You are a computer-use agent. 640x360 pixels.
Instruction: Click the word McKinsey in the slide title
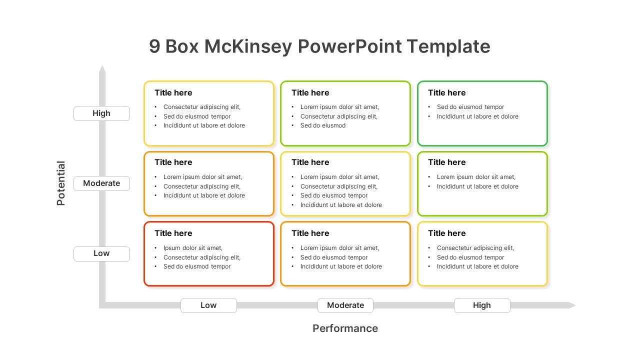(x=248, y=46)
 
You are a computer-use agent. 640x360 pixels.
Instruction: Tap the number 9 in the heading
(x=155, y=46)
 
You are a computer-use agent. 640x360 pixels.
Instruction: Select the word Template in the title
(x=448, y=46)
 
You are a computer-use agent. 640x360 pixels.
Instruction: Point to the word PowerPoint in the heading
(x=349, y=46)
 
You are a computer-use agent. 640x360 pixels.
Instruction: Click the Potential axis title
(x=61, y=183)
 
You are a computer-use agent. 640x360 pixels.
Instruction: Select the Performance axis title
(x=345, y=328)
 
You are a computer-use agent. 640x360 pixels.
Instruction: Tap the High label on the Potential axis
(x=101, y=113)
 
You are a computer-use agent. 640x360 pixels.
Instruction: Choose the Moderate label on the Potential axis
(x=101, y=183)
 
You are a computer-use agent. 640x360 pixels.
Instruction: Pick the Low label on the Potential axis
(x=101, y=253)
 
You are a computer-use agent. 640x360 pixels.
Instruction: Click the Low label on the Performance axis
(x=208, y=305)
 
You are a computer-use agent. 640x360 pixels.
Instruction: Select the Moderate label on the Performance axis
(x=345, y=305)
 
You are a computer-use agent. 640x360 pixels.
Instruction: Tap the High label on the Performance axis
(x=482, y=305)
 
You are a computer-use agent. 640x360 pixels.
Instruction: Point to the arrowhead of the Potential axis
(x=102, y=69)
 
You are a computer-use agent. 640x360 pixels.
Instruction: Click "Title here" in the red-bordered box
(x=173, y=233)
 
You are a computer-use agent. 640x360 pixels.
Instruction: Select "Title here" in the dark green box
(x=446, y=93)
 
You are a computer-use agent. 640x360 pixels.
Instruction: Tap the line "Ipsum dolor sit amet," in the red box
(x=193, y=248)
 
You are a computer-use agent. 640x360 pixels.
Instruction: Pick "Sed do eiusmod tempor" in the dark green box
(x=470, y=107)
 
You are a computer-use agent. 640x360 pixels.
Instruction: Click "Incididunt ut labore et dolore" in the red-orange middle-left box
(x=204, y=195)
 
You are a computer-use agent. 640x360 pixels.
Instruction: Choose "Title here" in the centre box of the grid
(x=310, y=162)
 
